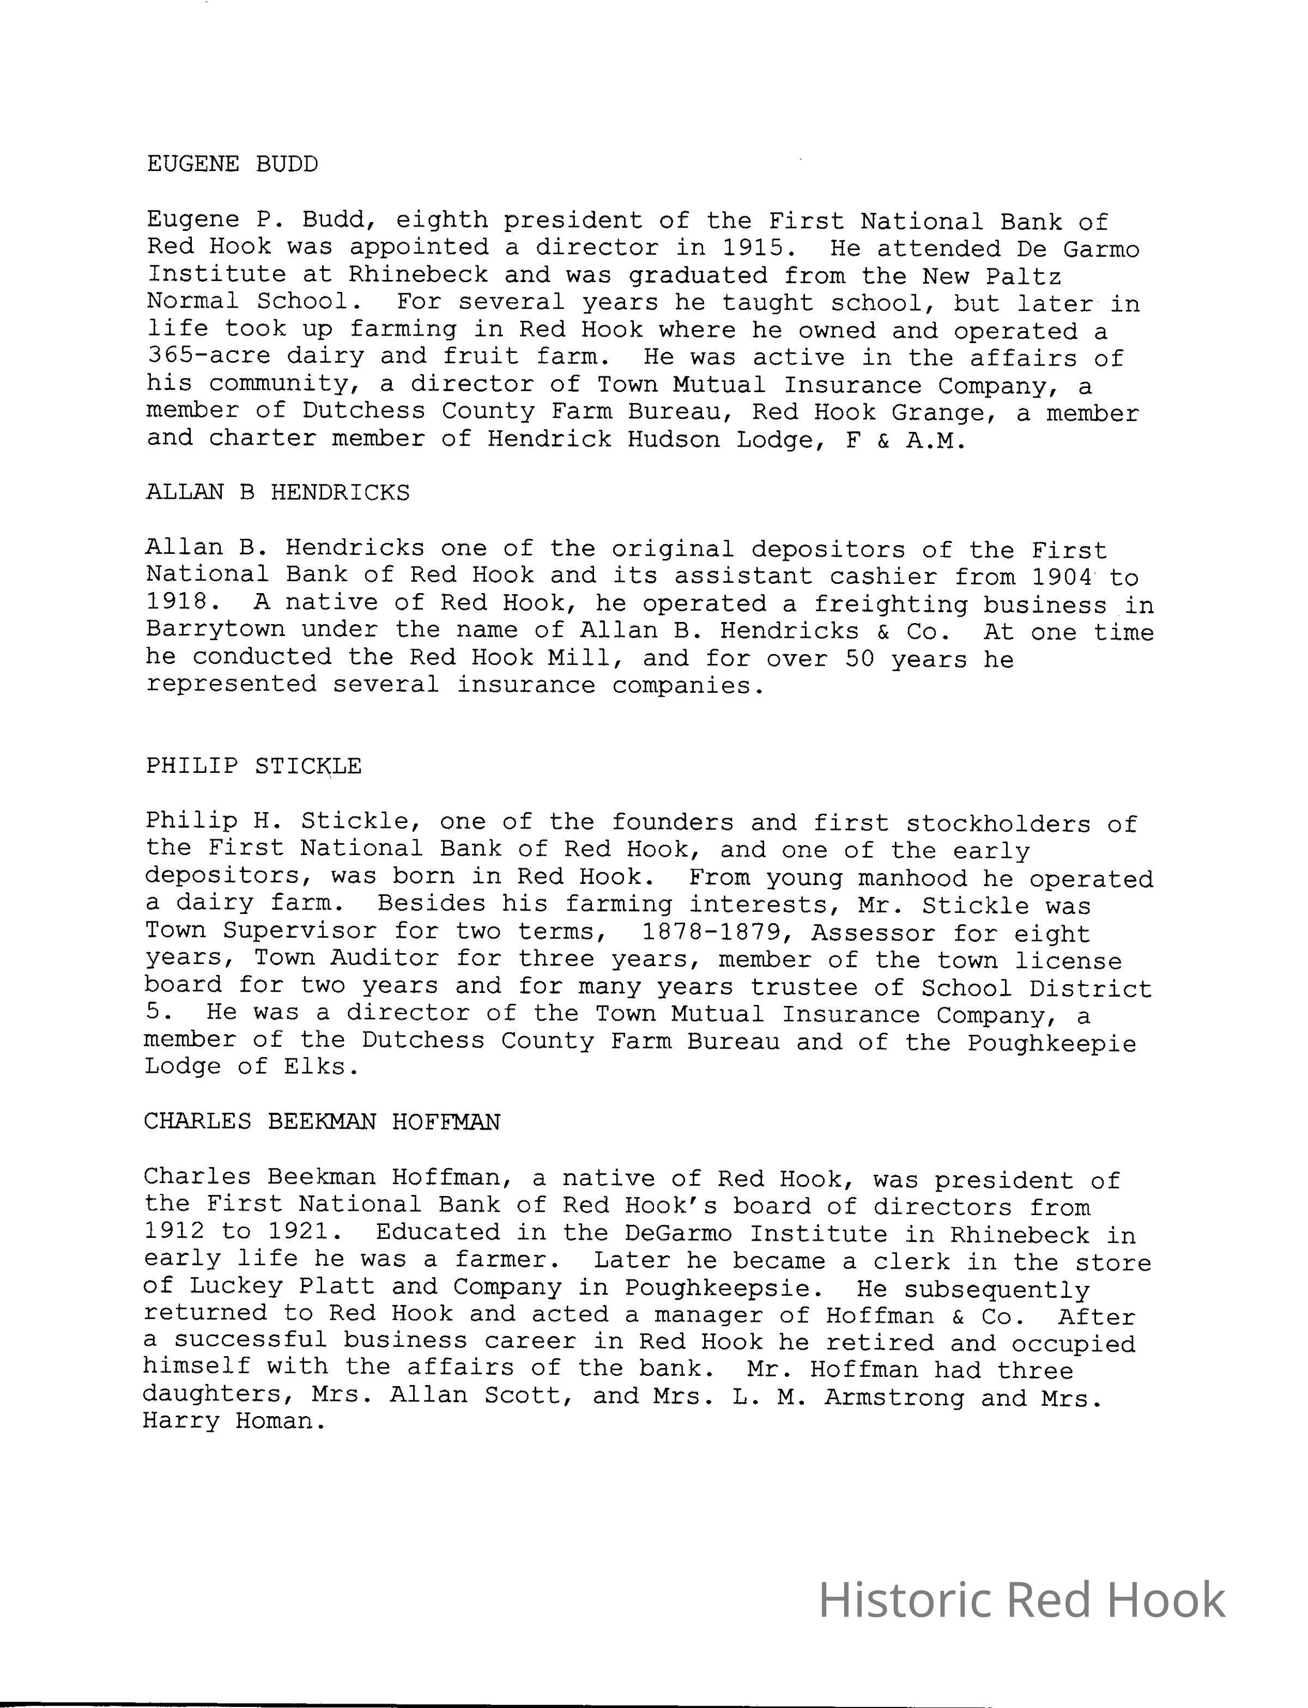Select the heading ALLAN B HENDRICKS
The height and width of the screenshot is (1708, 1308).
277,492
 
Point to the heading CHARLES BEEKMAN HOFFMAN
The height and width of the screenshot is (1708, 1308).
322,1121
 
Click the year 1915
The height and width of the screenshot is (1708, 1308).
753,249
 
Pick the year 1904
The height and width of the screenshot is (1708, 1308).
1063,577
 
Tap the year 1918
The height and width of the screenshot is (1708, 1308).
178,603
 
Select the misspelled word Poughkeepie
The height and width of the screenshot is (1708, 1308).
1051,1042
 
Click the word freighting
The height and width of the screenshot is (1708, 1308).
891,605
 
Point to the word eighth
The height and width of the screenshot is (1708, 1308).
441,222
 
